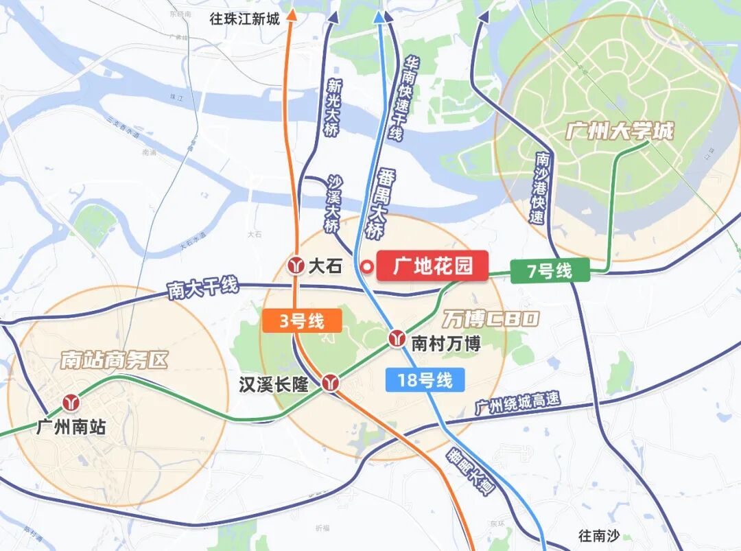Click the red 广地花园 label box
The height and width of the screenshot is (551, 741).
pyautogui.click(x=432, y=266)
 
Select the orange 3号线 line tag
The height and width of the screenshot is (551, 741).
pyautogui.click(x=301, y=320)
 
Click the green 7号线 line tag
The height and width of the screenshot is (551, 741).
pyautogui.click(x=550, y=271)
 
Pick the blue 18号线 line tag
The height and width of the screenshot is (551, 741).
pyautogui.click(x=425, y=380)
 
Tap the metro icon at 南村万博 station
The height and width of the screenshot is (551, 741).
pyautogui.click(x=397, y=338)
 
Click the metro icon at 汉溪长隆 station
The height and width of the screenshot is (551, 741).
pyautogui.click(x=331, y=383)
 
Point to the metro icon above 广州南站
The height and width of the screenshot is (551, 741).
pyautogui.click(x=71, y=402)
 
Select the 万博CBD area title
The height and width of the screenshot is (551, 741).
pyautogui.click(x=490, y=318)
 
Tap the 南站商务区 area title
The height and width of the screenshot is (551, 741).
pyautogui.click(x=114, y=360)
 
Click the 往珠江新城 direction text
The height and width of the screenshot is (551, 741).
pyautogui.click(x=245, y=19)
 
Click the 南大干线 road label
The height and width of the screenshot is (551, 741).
pyautogui.click(x=203, y=288)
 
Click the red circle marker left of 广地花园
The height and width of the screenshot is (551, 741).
pyautogui.click(x=367, y=266)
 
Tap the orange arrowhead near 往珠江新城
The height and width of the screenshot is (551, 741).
pyautogui.click(x=290, y=13)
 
